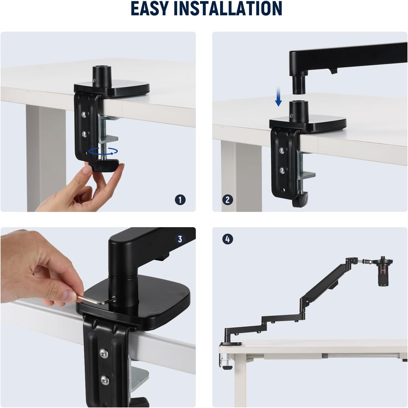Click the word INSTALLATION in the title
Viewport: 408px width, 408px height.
(x=228, y=8)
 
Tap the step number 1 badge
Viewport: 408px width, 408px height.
(x=180, y=200)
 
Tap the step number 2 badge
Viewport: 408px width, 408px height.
(x=228, y=200)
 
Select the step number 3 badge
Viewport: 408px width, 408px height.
(x=180, y=239)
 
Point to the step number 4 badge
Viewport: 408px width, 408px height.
(x=228, y=239)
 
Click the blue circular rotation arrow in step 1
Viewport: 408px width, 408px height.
(x=103, y=151)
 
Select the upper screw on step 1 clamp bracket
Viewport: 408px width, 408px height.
(x=84, y=114)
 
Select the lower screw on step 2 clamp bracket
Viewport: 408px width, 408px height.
(x=282, y=170)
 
